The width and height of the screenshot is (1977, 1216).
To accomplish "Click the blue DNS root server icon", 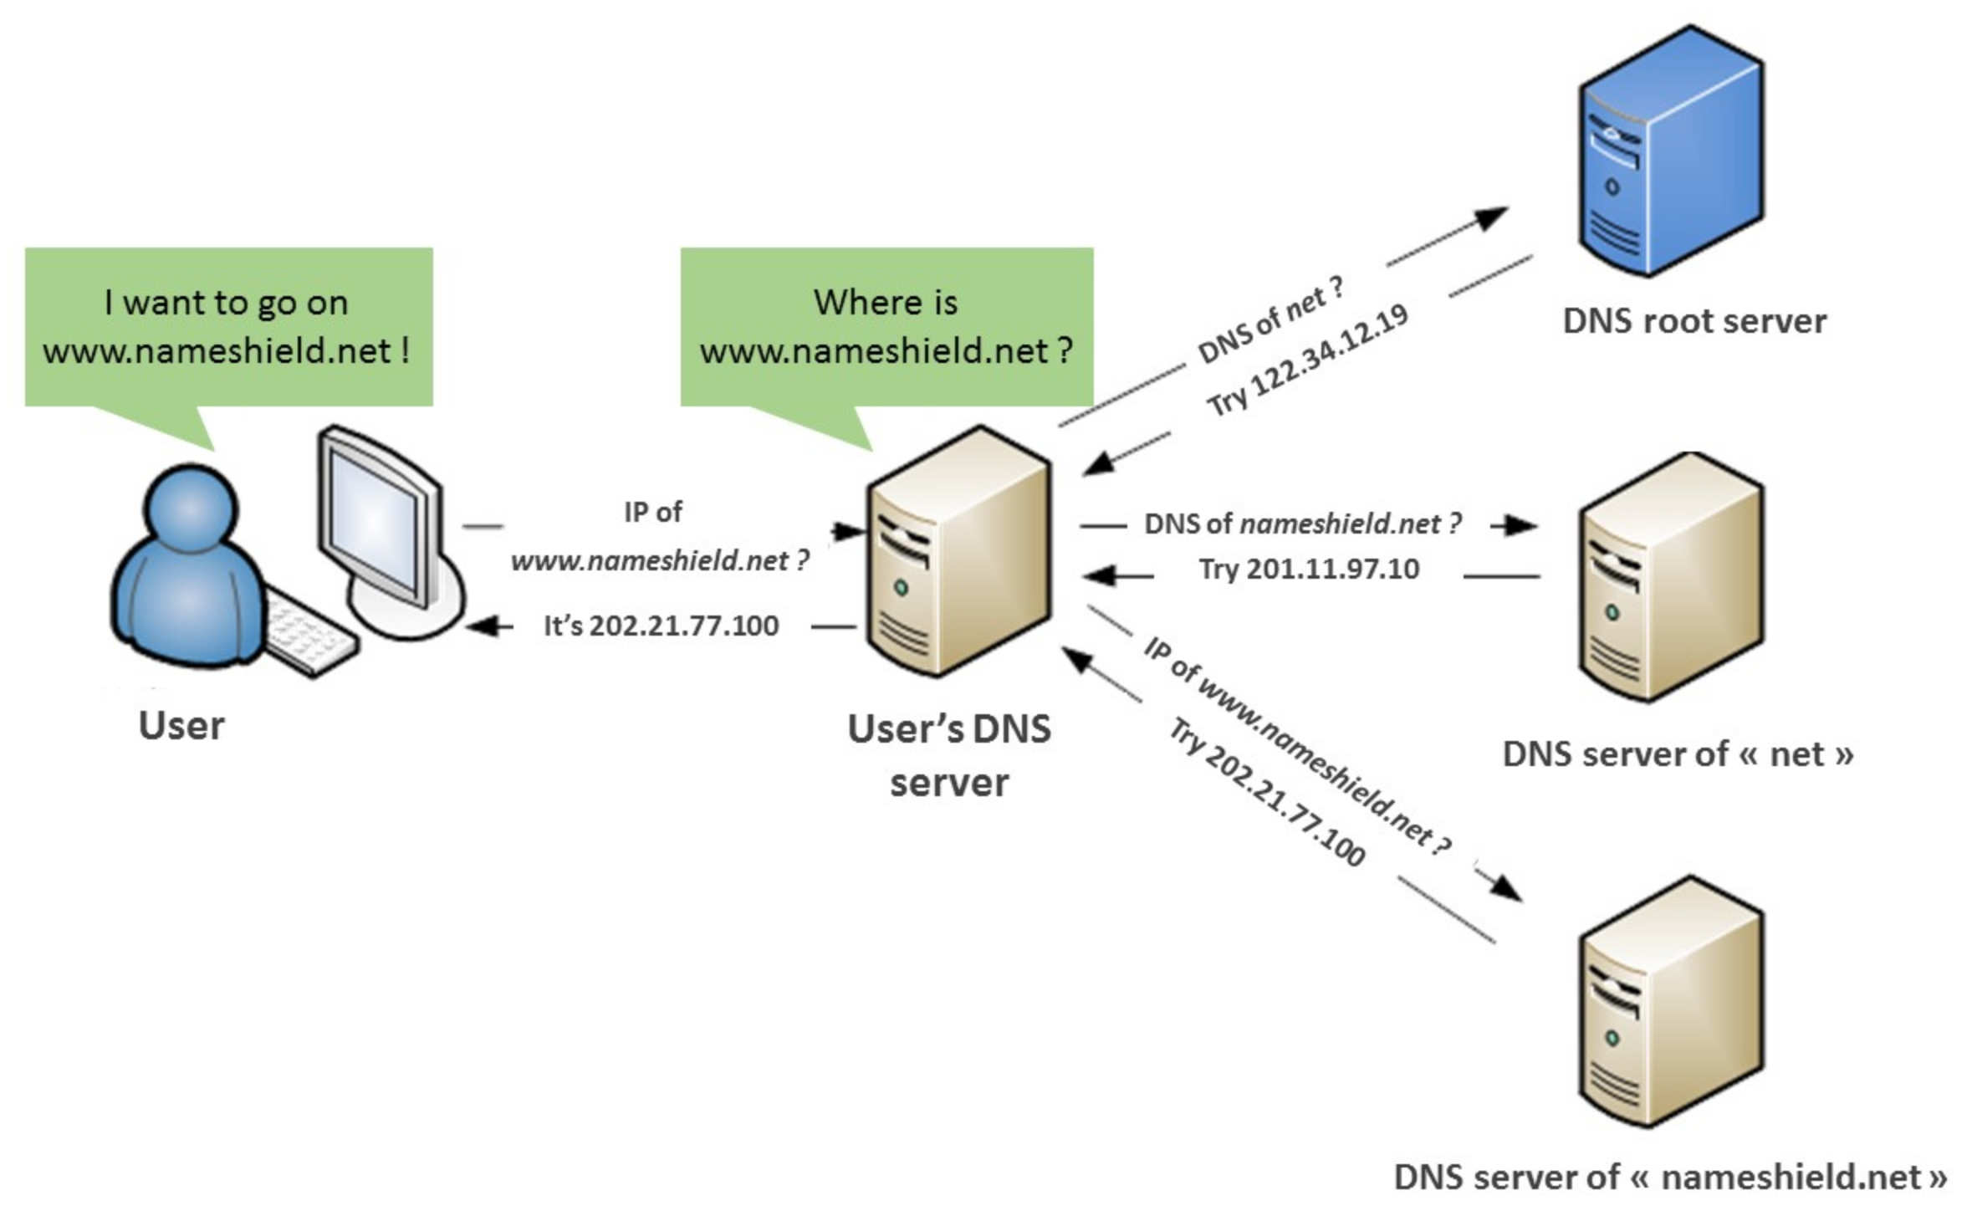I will pos(1671,151).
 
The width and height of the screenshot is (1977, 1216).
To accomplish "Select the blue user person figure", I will pos(188,569).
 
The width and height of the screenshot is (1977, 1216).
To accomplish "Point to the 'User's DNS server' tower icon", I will pos(958,552).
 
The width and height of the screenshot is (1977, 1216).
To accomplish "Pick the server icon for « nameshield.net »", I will pos(1671,1004).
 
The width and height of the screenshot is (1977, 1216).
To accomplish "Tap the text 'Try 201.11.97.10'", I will pos(1309,570).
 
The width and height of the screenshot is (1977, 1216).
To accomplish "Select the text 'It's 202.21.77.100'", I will pos(661,626).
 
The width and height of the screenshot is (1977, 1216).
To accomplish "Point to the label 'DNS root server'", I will pos(1694,321).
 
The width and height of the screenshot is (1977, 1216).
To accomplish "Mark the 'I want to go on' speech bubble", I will pos(227,326).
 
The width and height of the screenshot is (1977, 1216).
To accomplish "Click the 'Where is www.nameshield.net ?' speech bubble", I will pos(886,326).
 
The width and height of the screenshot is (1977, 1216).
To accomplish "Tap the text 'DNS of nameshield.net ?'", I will pos(1302,524).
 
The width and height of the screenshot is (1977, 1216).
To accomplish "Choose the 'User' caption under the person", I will pos(181,725).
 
